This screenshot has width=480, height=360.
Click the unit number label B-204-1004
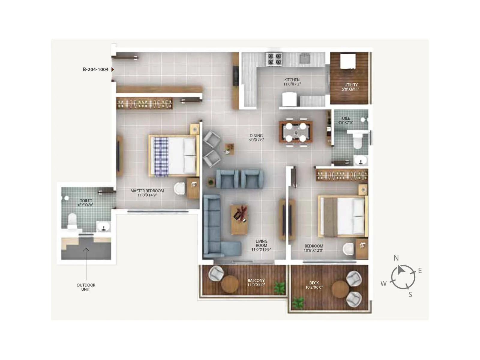coord(95,69)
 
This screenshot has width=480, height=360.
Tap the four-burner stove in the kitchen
coord(274,59)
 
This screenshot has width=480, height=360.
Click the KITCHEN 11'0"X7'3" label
coord(292,82)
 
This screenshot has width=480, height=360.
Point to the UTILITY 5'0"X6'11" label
coord(351,87)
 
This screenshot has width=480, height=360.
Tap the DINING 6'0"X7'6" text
coord(256,138)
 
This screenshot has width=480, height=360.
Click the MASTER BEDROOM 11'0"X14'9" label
coord(147,193)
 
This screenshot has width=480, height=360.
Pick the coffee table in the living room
coord(239,219)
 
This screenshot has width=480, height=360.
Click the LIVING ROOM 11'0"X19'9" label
coord(261,245)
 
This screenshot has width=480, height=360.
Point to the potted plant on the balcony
coord(280,288)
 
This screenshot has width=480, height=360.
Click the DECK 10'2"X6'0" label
coord(314,285)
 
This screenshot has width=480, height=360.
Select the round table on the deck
coord(340,289)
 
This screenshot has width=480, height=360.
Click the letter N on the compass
coord(396,258)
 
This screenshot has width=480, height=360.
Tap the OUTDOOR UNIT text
coord(86,287)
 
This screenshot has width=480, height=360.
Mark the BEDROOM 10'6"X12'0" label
coord(314,248)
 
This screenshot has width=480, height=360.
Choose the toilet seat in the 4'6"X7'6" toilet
coord(358,142)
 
